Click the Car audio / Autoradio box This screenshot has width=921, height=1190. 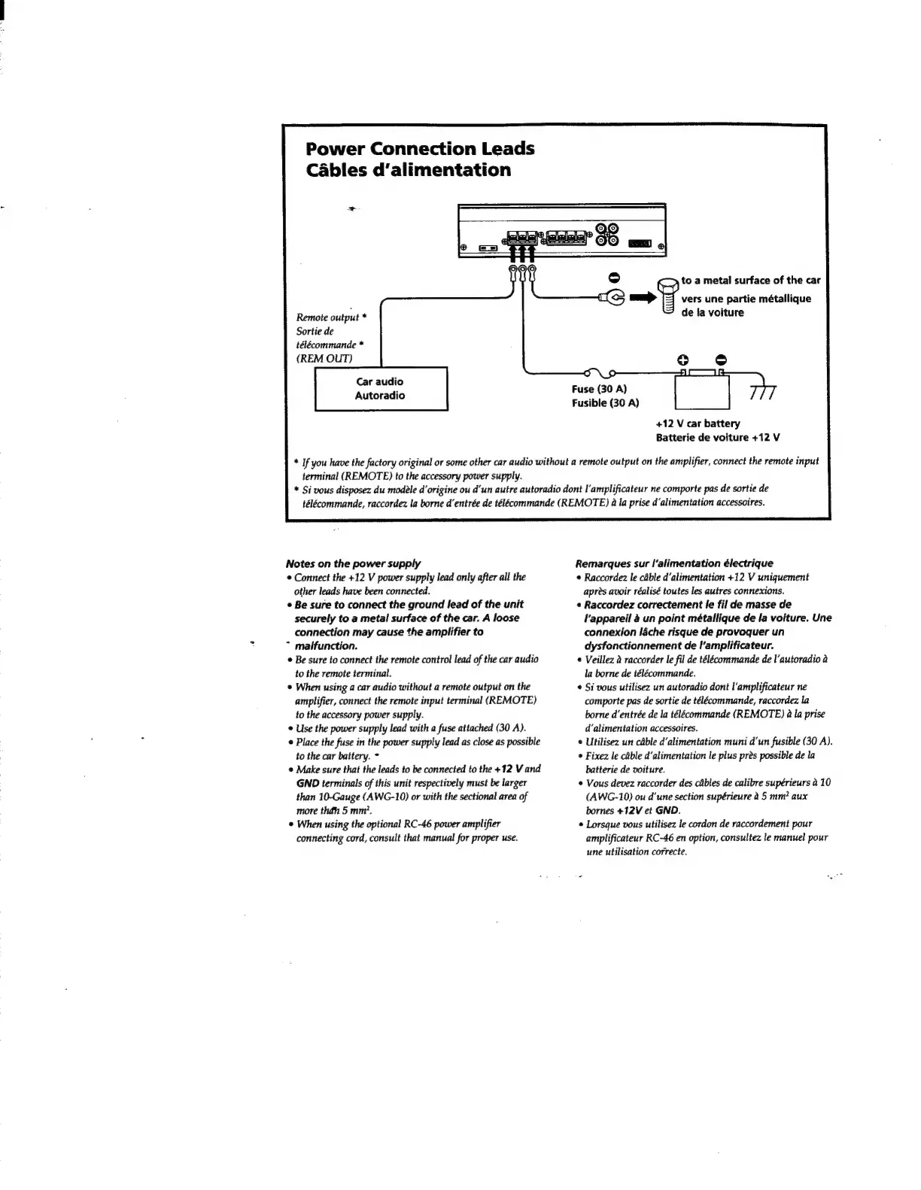[x=381, y=388]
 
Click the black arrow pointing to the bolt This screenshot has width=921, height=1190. [x=643, y=299]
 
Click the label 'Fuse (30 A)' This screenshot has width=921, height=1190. [x=599, y=389]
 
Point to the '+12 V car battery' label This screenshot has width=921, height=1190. [x=698, y=423]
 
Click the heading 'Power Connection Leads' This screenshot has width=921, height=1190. [x=420, y=148]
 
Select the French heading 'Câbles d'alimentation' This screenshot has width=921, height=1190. [x=409, y=170]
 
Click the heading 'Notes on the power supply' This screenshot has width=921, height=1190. [x=352, y=563]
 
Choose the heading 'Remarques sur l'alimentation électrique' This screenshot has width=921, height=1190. [x=673, y=563]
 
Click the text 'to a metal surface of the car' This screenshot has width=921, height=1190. [x=750, y=281]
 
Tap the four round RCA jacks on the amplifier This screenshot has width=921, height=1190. [x=607, y=235]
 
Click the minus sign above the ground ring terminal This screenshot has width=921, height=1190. [x=613, y=278]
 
